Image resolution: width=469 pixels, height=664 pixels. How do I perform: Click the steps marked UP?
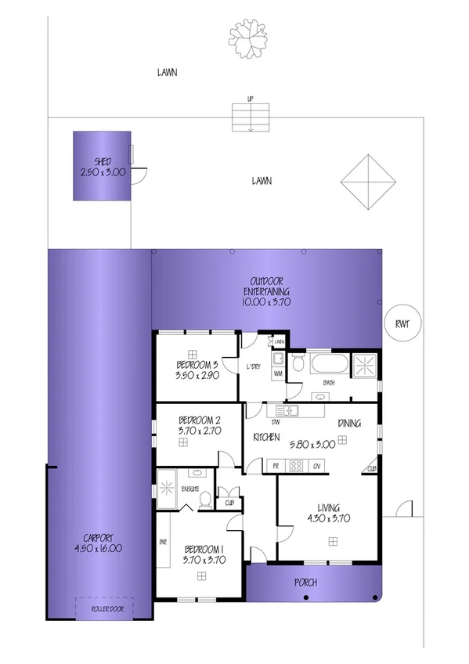[250, 117]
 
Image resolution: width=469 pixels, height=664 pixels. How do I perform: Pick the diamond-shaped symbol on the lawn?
[366, 182]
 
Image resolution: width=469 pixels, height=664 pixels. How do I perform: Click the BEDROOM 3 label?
[197, 365]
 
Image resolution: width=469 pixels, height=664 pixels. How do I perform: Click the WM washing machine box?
[277, 374]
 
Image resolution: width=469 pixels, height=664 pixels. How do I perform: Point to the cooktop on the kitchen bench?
[297, 466]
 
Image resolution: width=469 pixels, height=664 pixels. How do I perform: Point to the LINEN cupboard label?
[278, 342]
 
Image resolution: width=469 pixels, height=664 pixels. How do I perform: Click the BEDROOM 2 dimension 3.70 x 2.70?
[197, 430]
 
